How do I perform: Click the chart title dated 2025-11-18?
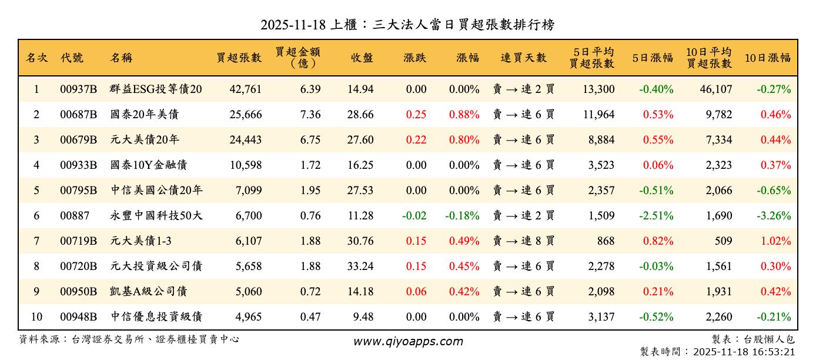(407, 25)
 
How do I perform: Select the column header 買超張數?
(239, 58)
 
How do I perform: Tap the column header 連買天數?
(523, 58)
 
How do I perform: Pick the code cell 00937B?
(78, 89)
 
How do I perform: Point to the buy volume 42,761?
(245, 89)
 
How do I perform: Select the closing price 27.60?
(360, 140)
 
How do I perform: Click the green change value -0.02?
(414, 216)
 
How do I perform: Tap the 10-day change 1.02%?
(775, 241)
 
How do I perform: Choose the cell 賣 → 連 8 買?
(523, 241)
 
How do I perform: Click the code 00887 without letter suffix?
(75, 216)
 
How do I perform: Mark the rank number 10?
(36, 317)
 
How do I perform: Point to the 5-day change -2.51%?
(656, 216)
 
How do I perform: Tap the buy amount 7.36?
(310, 115)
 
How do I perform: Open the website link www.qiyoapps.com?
(407, 341)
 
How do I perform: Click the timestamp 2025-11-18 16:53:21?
(744, 352)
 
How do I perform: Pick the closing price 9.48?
(363, 317)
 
